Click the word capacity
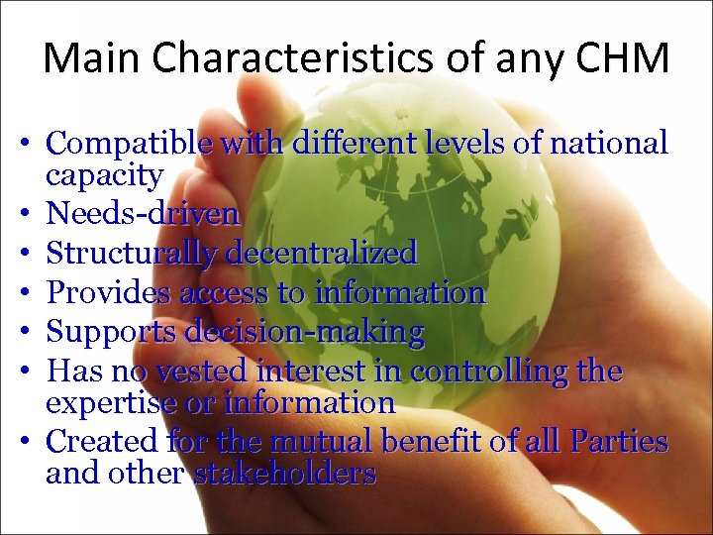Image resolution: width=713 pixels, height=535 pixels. [104, 176]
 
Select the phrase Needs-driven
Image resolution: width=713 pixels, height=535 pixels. [143, 214]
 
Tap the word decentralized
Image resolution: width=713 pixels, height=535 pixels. [322, 253]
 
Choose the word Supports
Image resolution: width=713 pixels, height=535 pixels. [107, 332]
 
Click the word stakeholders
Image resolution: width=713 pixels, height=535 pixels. [284, 473]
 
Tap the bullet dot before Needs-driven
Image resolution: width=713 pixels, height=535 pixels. [31, 214]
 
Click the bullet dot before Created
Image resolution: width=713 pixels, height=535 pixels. [31, 440]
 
